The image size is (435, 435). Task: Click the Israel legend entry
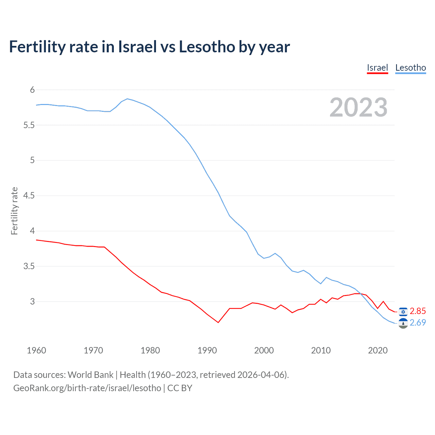377,68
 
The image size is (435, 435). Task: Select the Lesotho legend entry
411,68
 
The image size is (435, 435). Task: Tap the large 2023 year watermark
359,107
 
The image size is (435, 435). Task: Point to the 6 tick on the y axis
32,90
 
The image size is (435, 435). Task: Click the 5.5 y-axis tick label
29,125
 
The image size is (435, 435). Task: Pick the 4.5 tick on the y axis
29,195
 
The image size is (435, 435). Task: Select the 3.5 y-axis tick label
29,266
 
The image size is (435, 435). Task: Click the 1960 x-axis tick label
36,350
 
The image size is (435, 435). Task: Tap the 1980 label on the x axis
150,350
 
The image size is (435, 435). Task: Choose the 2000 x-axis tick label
264,350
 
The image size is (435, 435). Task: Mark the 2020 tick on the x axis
378,350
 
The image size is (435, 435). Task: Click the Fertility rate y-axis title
14,211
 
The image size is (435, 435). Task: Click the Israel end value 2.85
418,311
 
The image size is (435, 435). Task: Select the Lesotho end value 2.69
418,323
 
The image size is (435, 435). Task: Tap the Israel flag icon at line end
403,311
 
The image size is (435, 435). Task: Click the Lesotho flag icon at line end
403,323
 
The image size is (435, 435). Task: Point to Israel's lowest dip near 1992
218,322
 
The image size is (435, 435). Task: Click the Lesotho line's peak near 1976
127,99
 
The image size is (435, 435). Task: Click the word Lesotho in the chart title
207,47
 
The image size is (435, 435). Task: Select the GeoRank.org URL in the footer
87,388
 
